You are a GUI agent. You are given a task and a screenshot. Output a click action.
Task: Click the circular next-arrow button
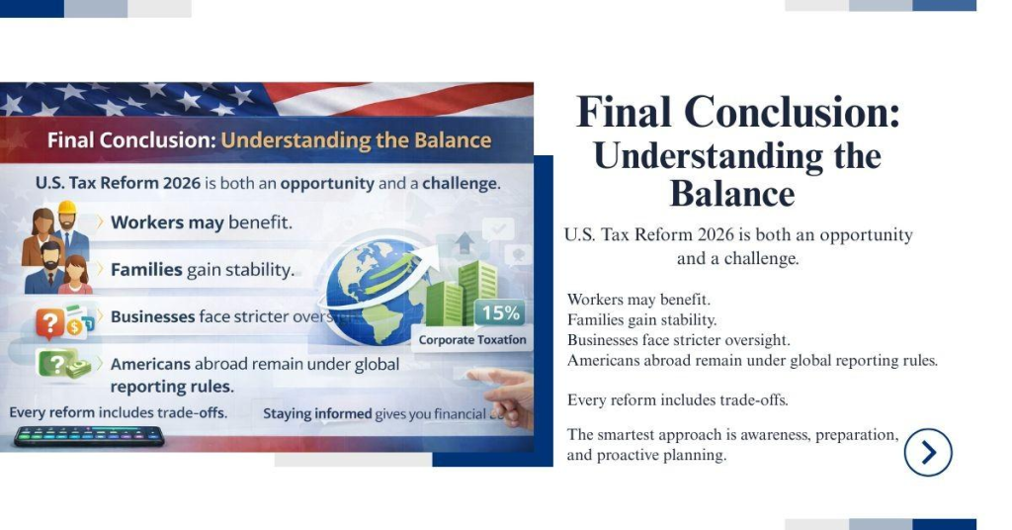pos(927,452)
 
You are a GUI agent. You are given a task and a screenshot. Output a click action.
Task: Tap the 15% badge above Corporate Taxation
pos(500,313)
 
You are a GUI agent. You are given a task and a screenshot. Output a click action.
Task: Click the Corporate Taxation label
pos(472,340)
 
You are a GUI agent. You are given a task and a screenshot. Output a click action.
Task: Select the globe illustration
pos(373,281)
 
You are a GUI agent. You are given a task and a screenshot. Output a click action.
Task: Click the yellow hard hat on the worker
pos(67,211)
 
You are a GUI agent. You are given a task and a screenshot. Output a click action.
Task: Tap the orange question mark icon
pos(49,322)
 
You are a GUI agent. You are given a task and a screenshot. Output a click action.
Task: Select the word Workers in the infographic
pos(146,222)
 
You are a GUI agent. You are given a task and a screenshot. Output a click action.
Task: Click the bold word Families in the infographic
pos(146,269)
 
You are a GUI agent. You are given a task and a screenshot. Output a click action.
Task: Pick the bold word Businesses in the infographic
pos(152,316)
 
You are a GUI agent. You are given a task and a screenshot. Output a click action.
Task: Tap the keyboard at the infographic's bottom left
pos(88,436)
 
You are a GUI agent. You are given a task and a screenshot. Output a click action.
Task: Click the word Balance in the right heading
pos(731,193)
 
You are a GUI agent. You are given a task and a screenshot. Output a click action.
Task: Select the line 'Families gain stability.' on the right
pos(641,319)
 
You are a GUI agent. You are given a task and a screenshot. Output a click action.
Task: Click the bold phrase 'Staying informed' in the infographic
pos(317,413)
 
